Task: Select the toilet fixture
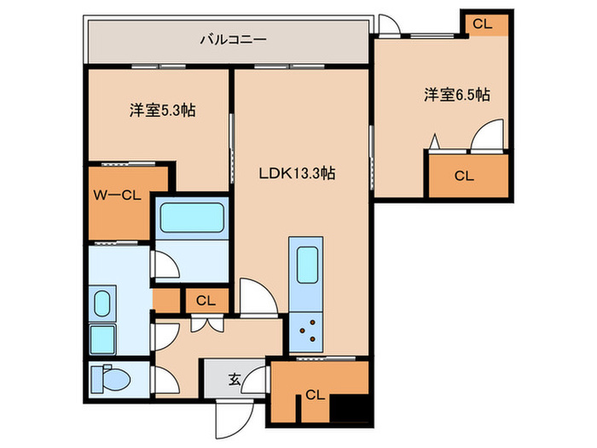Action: tap(109, 376)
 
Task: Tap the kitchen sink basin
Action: tap(304, 266)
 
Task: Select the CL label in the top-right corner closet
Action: tap(483, 24)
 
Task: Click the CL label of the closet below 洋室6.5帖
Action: tap(464, 177)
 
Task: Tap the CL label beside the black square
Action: tap(315, 395)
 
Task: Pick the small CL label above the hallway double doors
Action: tap(206, 300)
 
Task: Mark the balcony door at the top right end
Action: tap(389, 26)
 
